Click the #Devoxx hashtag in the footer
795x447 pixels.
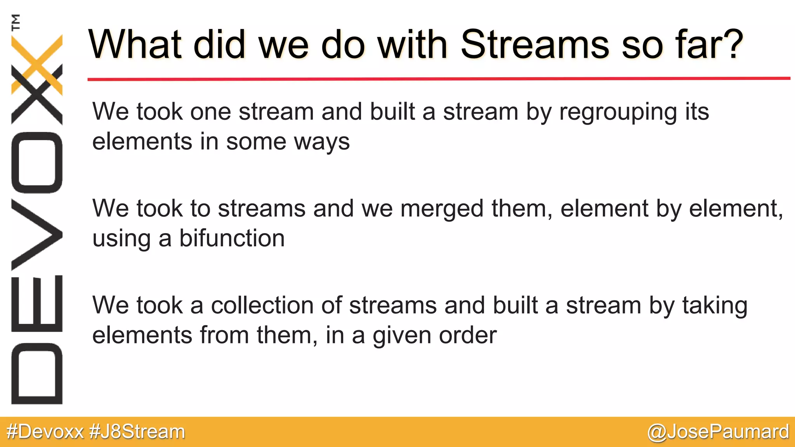(x=45, y=432)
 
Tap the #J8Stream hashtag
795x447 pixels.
(x=137, y=432)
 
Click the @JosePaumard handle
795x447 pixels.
(x=718, y=432)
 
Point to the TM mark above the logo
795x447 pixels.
(x=16, y=23)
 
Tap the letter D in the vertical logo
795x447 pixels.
(x=37, y=374)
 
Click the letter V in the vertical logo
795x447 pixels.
(x=37, y=234)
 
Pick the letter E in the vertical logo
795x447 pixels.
(x=37, y=303)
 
